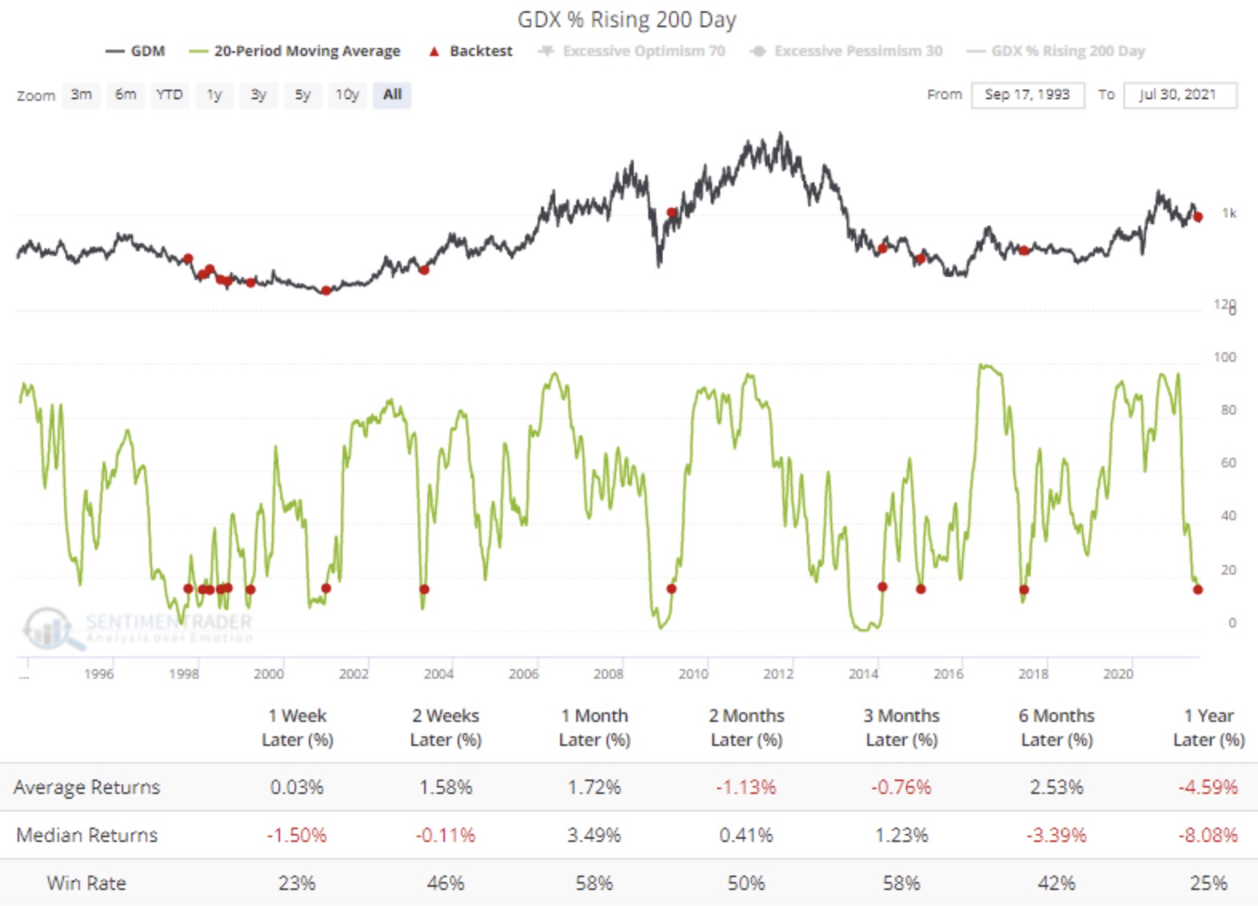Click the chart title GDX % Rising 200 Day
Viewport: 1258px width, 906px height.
point(627,20)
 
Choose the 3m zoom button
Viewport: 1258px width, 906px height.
point(81,94)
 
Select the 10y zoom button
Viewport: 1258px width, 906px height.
point(347,94)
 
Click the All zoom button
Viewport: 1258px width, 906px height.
point(392,94)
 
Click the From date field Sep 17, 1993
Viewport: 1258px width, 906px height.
point(1027,94)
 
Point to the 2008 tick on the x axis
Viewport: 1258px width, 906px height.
point(608,674)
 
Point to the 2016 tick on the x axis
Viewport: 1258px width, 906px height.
point(948,674)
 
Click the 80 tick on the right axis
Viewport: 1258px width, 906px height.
point(1228,410)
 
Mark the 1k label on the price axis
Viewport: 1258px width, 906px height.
point(1228,213)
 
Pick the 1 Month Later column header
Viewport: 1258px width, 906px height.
point(595,727)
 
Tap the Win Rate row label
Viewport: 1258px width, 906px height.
point(86,883)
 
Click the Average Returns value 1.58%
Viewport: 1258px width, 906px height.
point(446,787)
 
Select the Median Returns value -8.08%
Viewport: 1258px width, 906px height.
point(1208,835)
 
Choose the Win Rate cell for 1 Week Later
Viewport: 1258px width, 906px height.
point(297,883)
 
